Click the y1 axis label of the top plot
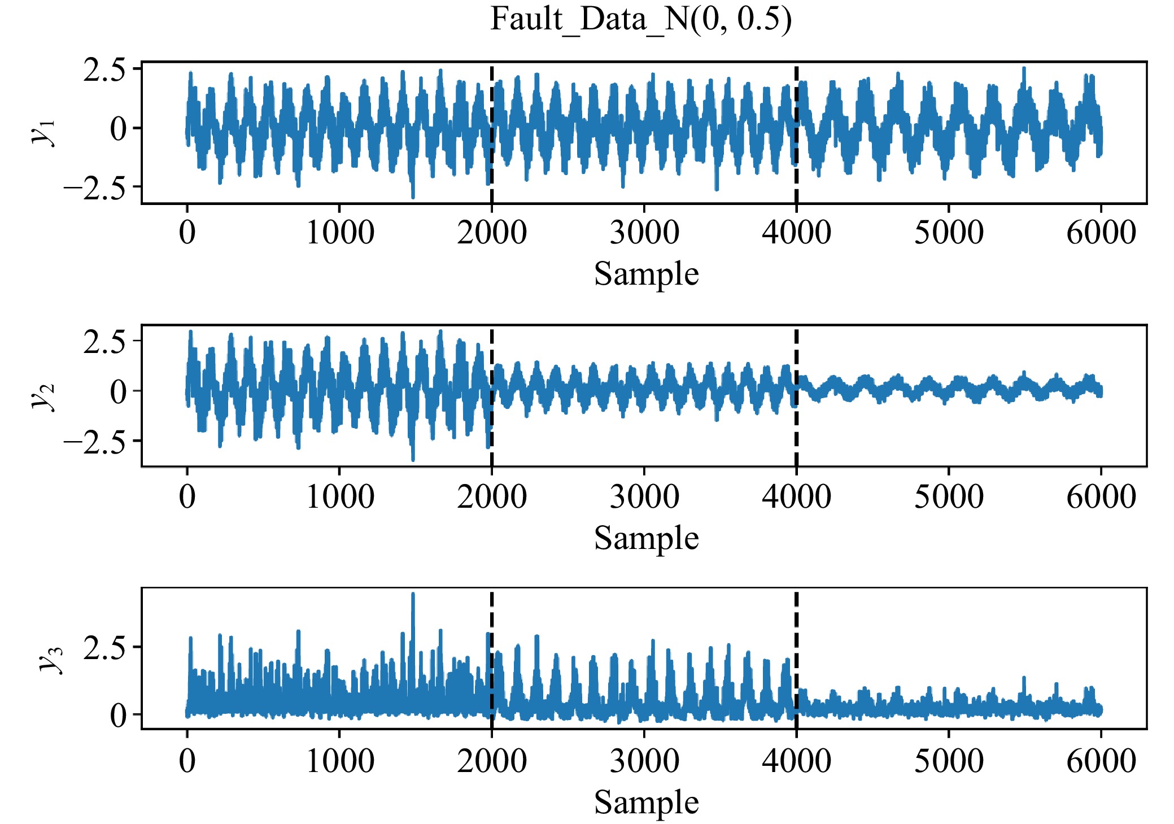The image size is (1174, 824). click(x=44, y=132)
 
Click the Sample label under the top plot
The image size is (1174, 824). click(x=646, y=274)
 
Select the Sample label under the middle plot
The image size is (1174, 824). click(x=646, y=538)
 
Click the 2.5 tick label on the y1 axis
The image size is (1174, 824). click(x=104, y=71)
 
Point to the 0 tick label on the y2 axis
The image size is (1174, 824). click(x=119, y=391)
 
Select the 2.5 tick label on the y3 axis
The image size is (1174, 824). click(x=104, y=648)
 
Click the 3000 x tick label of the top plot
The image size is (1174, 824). click(x=644, y=233)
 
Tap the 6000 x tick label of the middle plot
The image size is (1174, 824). click(x=1101, y=496)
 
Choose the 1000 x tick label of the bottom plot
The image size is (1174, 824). click(x=339, y=761)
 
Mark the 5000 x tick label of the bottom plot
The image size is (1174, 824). click(x=948, y=761)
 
